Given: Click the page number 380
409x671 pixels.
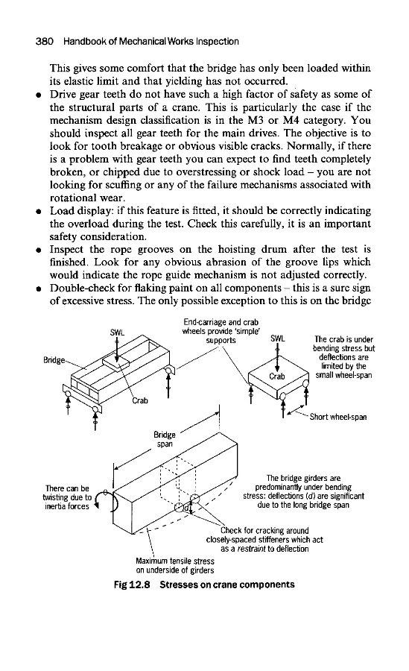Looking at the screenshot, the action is tap(44, 42).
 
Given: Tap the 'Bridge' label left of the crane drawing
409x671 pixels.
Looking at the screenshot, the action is tap(54, 360).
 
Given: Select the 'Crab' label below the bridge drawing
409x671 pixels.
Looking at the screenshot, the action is tap(140, 401).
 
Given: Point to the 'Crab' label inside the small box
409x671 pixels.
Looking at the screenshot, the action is tap(277, 377).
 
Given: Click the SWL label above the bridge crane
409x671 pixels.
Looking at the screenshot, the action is tap(117, 332).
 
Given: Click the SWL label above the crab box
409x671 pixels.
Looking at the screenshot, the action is tap(277, 338).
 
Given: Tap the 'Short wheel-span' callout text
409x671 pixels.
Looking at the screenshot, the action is tap(338, 417).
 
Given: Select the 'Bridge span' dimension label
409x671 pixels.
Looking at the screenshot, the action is tap(165, 439).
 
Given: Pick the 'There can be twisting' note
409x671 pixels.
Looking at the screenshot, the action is tap(67, 497).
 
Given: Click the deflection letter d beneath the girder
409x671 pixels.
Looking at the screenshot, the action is tap(186, 508).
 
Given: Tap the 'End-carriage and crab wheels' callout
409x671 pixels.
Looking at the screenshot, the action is tap(221, 331).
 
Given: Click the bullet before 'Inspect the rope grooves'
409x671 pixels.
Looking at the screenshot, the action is tap(39, 251).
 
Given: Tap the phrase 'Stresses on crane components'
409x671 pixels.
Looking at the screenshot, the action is tap(227, 585).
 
